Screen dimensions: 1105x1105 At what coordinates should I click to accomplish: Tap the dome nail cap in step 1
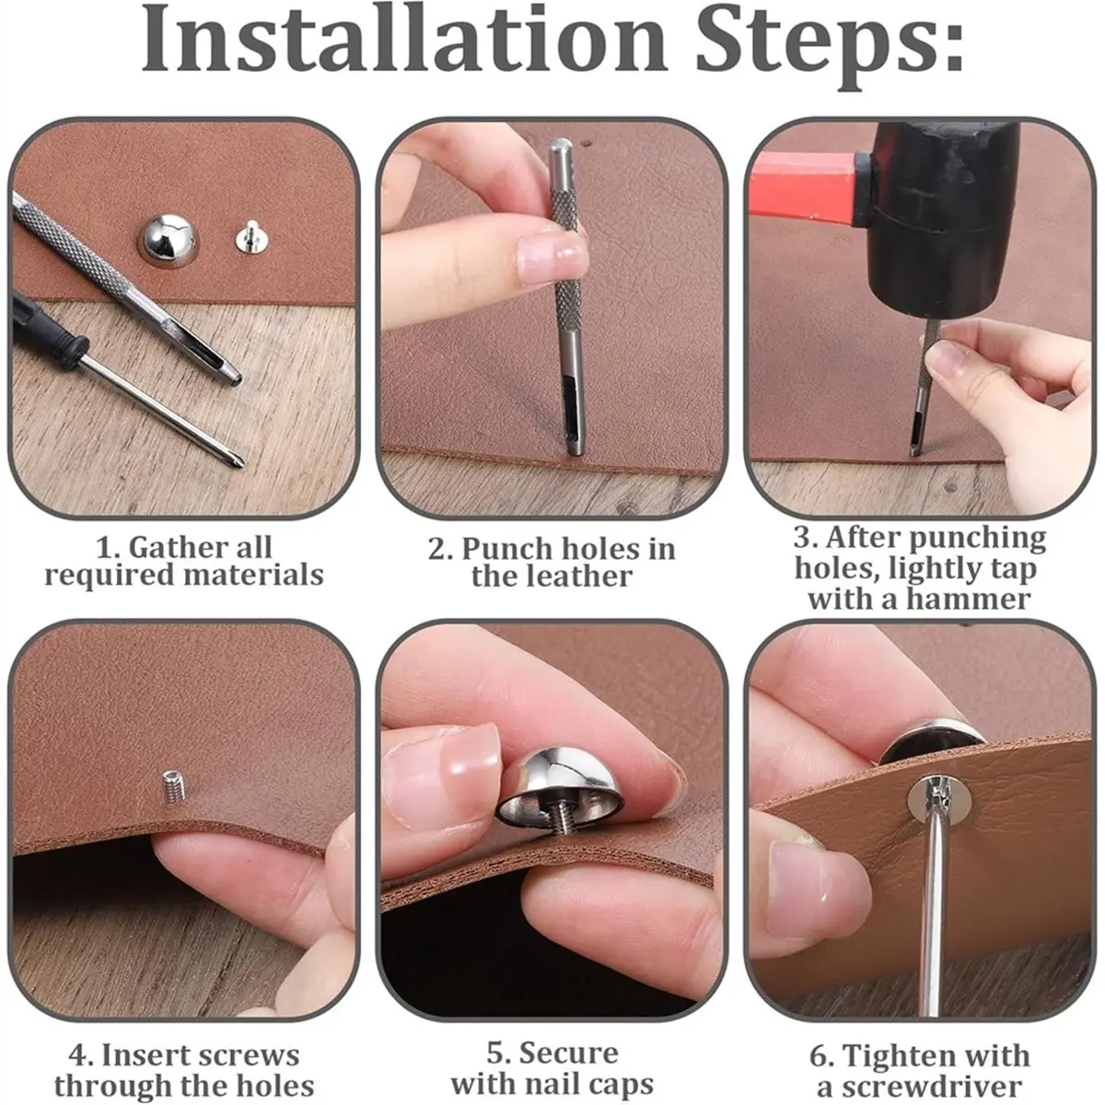click(169, 240)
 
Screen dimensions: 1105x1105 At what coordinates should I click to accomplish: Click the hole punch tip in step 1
click(233, 378)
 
